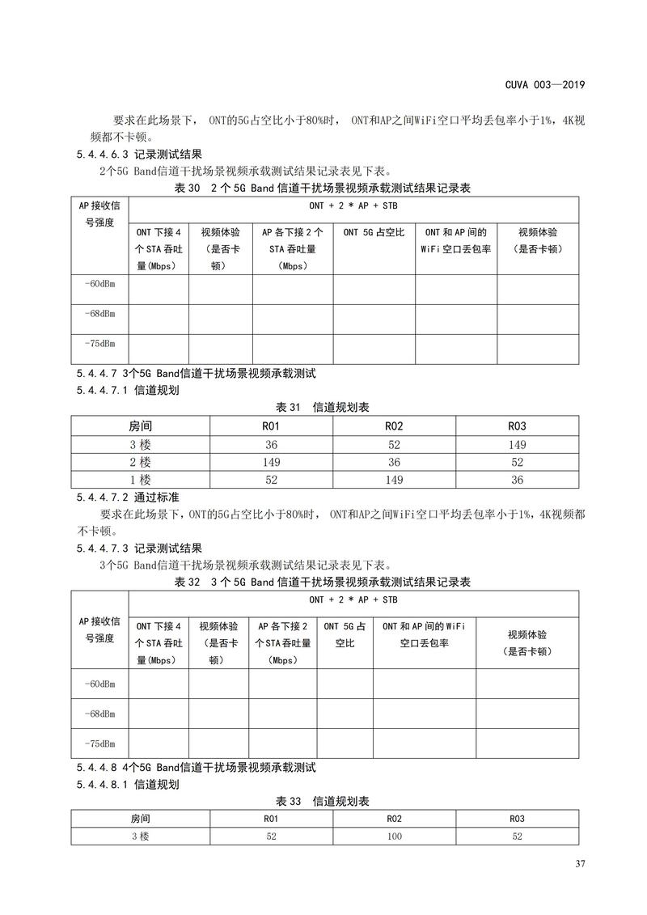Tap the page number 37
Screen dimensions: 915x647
[580, 865]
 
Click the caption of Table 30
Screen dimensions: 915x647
[323, 188]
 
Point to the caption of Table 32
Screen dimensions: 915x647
[323, 582]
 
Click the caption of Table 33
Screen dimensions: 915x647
[323, 801]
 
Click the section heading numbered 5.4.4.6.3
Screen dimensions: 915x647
[139, 154]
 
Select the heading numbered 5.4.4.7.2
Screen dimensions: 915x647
[128, 497]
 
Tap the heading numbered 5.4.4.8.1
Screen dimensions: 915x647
[128, 784]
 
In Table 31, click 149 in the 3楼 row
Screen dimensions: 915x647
[517, 444]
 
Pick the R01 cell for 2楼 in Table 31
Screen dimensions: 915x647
[271, 462]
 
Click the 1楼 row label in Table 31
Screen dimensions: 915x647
[140, 480]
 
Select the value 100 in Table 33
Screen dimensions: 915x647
[394, 837]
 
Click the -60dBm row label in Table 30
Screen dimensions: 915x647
[99, 283]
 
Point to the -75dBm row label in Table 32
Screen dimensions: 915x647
[99, 743]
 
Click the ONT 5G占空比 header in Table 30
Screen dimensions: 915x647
[374, 232]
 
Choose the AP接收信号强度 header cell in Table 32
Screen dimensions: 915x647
[99, 629]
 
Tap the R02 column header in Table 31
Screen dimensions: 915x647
[394, 426]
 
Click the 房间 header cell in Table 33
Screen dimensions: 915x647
[140, 819]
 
